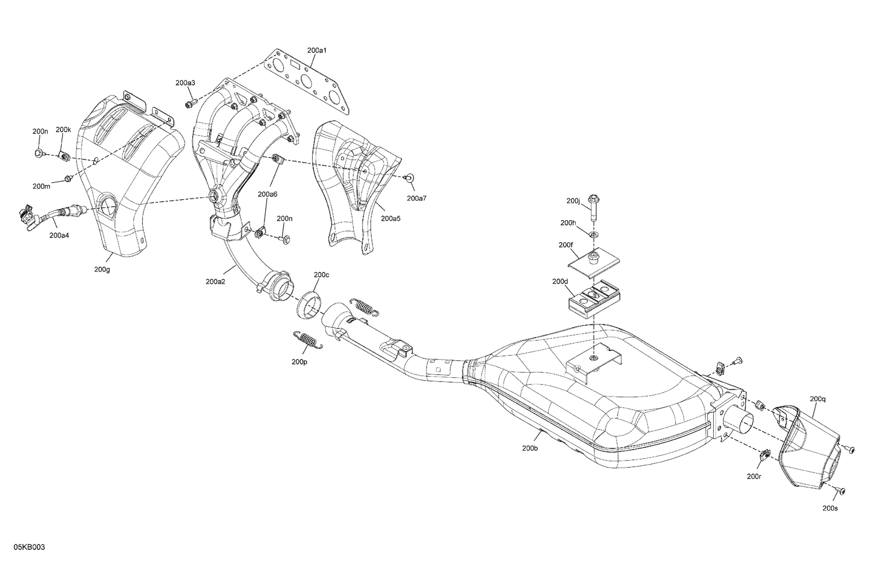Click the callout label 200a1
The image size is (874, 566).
pyautogui.click(x=317, y=51)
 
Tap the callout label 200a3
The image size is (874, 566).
pyautogui.click(x=185, y=83)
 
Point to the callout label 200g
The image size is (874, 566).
pyautogui.click(x=101, y=270)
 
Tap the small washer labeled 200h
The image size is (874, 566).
pyautogui.click(x=593, y=234)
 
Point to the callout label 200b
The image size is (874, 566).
pyautogui.click(x=530, y=448)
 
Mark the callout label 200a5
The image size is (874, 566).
pyautogui.click(x=390, y=218)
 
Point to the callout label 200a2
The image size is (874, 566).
pyautogui.click(x=216, y=282)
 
